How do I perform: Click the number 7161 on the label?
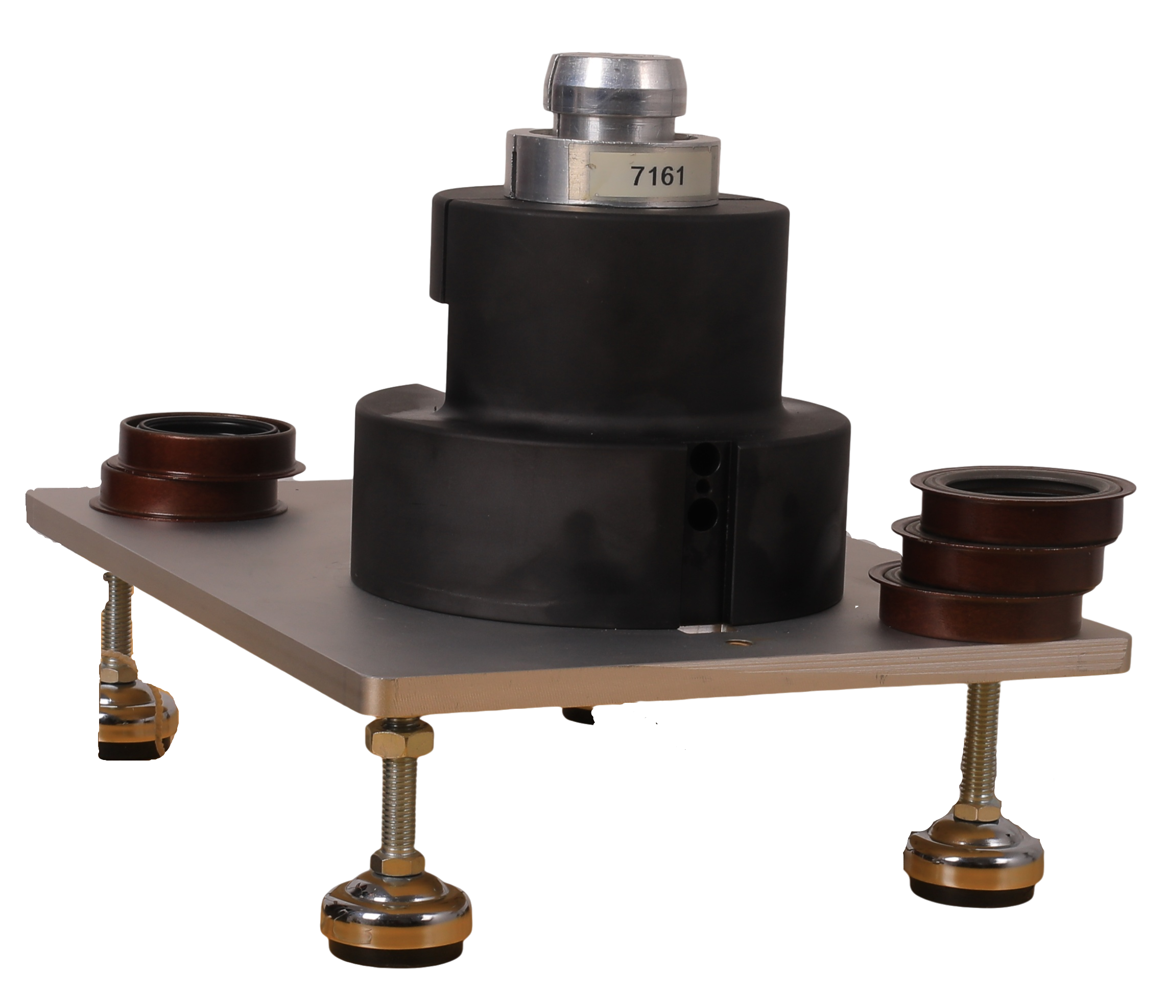click(657, 176)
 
